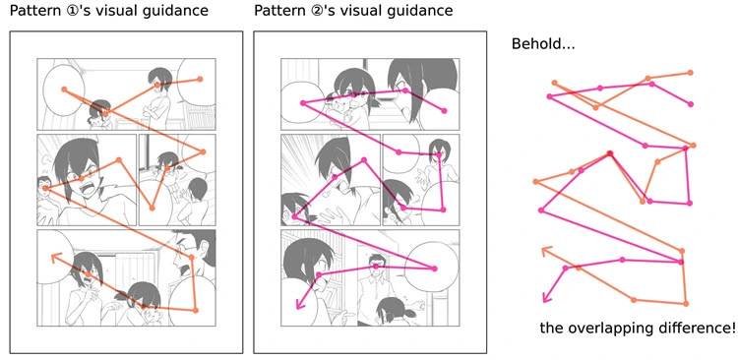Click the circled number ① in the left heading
pyautogui.click(x=73, y=12)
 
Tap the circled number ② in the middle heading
pyautogui.click(x=317, y=12)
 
